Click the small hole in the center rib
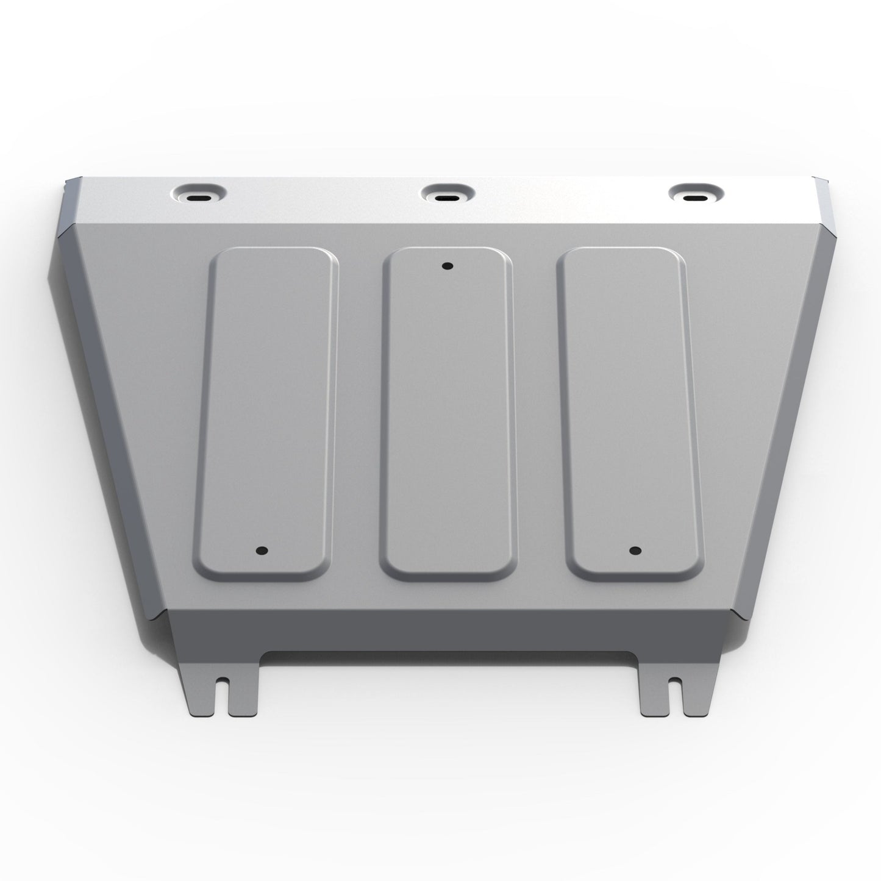[447, 266]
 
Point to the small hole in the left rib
[262, 551]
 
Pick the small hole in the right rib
[635, 551]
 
